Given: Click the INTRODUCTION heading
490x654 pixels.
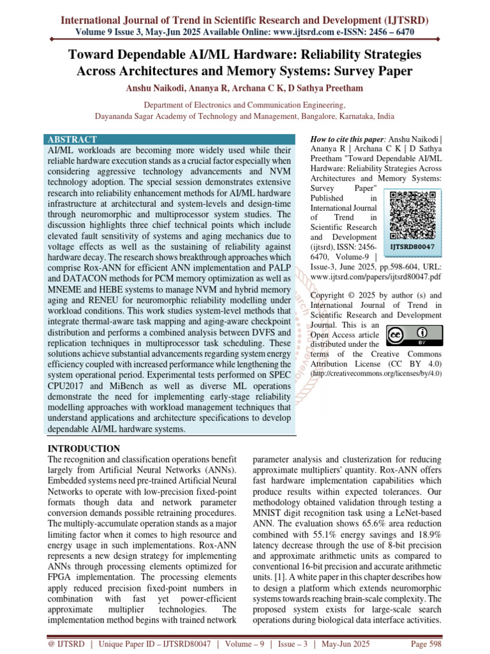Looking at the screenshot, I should click(x=84, y=448).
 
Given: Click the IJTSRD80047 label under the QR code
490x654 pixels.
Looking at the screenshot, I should click(x=412, y=246).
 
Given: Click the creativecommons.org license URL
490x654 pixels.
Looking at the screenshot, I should click(x=376, y=373).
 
